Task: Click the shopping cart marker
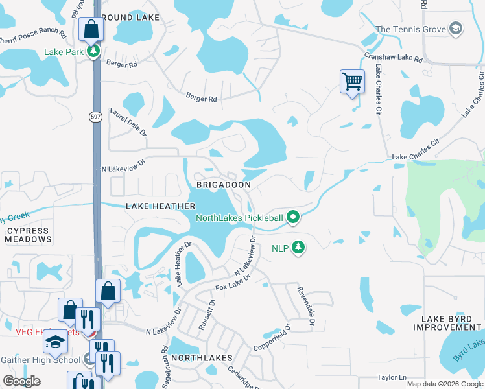coord(351,82)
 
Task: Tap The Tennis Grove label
coord(411,29)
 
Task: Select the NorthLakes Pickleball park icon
coord(293,218)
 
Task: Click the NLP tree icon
coord(298,247)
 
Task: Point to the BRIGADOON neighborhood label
coord(223,185)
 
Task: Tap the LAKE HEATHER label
coord(160,206)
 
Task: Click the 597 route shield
coord(95,115)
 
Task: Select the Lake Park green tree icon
coord(94,51)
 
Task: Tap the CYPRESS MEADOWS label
coord(28,235)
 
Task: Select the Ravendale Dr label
coord(305,307)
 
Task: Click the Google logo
coord(21,381)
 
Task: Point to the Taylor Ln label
coord(391,377)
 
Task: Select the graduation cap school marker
coord(56,342)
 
